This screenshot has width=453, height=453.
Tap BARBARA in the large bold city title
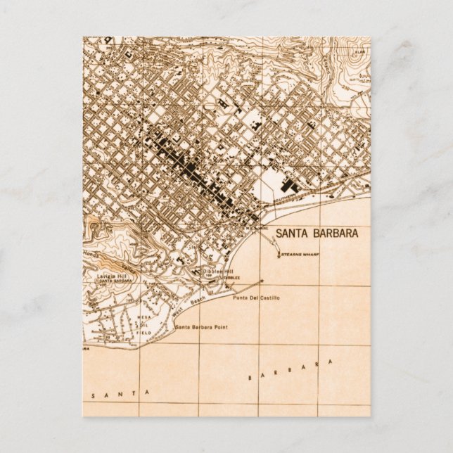[336, 233]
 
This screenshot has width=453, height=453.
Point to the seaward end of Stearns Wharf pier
[279, 255]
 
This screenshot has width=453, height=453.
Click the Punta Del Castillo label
[255, 298]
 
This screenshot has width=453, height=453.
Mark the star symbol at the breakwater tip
[262, 281]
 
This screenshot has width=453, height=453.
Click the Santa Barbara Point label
[202, 328]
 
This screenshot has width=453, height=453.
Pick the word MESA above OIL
[143, 318]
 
